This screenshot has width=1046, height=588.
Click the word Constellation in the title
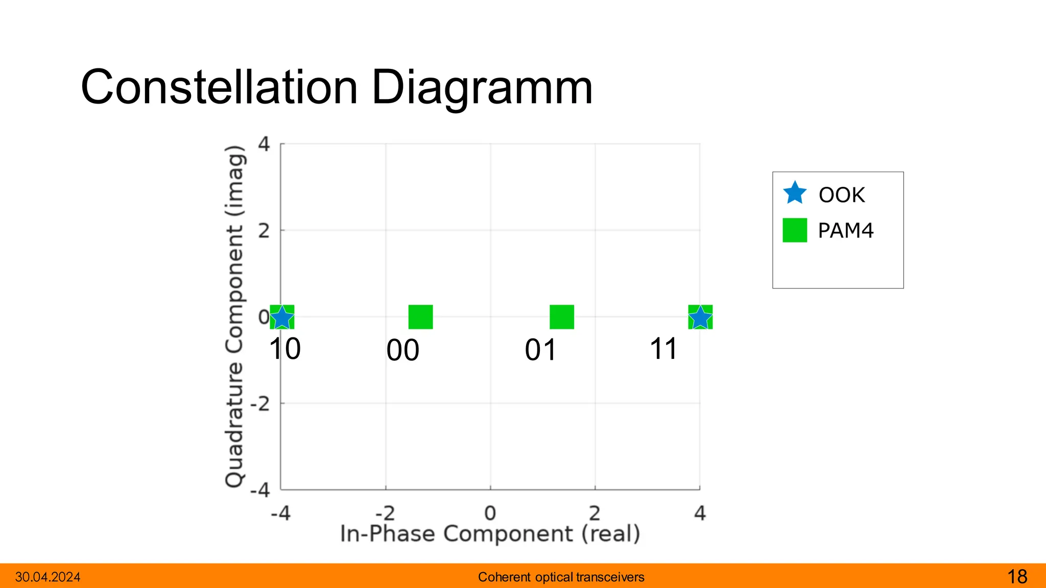pos(220,88)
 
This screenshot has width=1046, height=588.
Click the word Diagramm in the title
pos(482,88)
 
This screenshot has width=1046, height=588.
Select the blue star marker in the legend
pos(795,193)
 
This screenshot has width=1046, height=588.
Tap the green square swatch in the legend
pos(795,230)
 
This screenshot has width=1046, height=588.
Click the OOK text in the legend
pos(842,195)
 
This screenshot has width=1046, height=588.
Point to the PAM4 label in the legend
pos(846,231)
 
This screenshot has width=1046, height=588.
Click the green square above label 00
pos(420,317)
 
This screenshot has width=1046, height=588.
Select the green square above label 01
pos(562,317)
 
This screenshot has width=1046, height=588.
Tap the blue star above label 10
pos(282,318)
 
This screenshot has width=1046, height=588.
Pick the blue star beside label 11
pos(700,318)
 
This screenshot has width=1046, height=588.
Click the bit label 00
pos(403,351)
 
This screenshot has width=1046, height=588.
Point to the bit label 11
pos(663,350)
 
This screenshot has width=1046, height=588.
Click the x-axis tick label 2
pos(595,513)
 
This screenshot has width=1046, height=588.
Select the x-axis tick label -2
pos(385,513)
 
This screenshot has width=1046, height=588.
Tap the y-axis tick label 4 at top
pos(264,144)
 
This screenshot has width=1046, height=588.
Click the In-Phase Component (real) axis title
pos(490,534)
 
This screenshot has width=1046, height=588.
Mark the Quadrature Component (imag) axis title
pos(234,316)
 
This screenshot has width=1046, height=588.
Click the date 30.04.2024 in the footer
pos(47,577)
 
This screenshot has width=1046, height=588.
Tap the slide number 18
pos(1017,577)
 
